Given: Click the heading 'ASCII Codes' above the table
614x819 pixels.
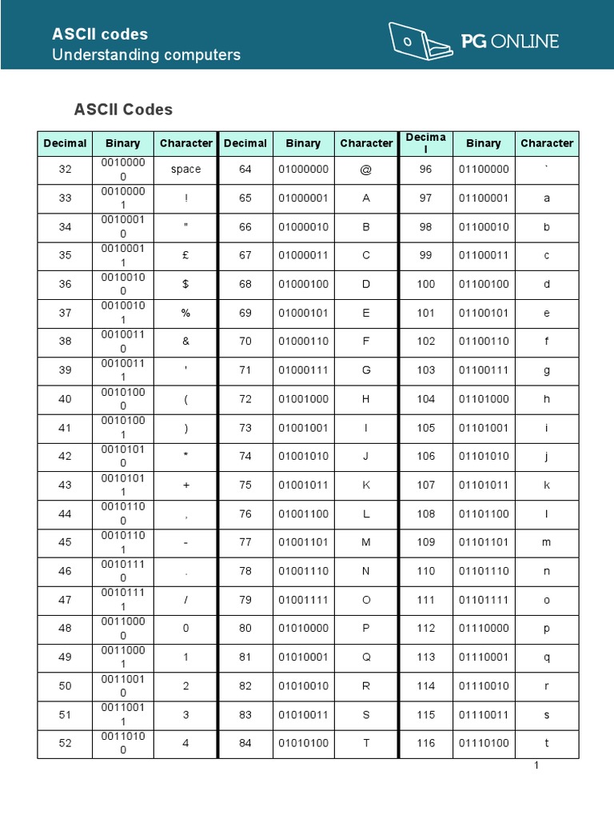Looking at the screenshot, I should [123, 109].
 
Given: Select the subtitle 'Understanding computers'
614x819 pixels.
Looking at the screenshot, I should [146, 55].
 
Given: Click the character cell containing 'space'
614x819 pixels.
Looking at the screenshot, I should [185, 170].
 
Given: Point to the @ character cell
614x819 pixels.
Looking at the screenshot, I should [366, 170].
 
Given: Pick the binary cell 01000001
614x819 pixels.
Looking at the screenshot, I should [303, 198].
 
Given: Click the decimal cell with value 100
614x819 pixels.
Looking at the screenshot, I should [426, 284].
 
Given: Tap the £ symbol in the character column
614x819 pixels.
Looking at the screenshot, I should [185, 255].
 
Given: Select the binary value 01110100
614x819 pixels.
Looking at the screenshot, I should [484, 743].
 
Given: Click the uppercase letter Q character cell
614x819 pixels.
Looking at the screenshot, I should [366, 657].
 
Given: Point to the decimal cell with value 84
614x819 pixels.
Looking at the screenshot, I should [245, 743].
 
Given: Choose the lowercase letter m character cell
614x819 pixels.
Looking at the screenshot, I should [547, 542].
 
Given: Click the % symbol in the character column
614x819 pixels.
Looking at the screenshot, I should [185, 313].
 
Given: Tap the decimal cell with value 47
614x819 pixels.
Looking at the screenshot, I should [66, 600].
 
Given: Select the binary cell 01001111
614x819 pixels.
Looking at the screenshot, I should [303, 600].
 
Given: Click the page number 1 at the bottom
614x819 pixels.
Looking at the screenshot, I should [536, 765].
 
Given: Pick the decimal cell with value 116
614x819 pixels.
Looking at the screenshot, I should [426, 743].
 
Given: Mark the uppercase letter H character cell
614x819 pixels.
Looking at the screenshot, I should [366, 399].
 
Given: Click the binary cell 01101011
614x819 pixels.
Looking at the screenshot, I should [484, 485].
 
